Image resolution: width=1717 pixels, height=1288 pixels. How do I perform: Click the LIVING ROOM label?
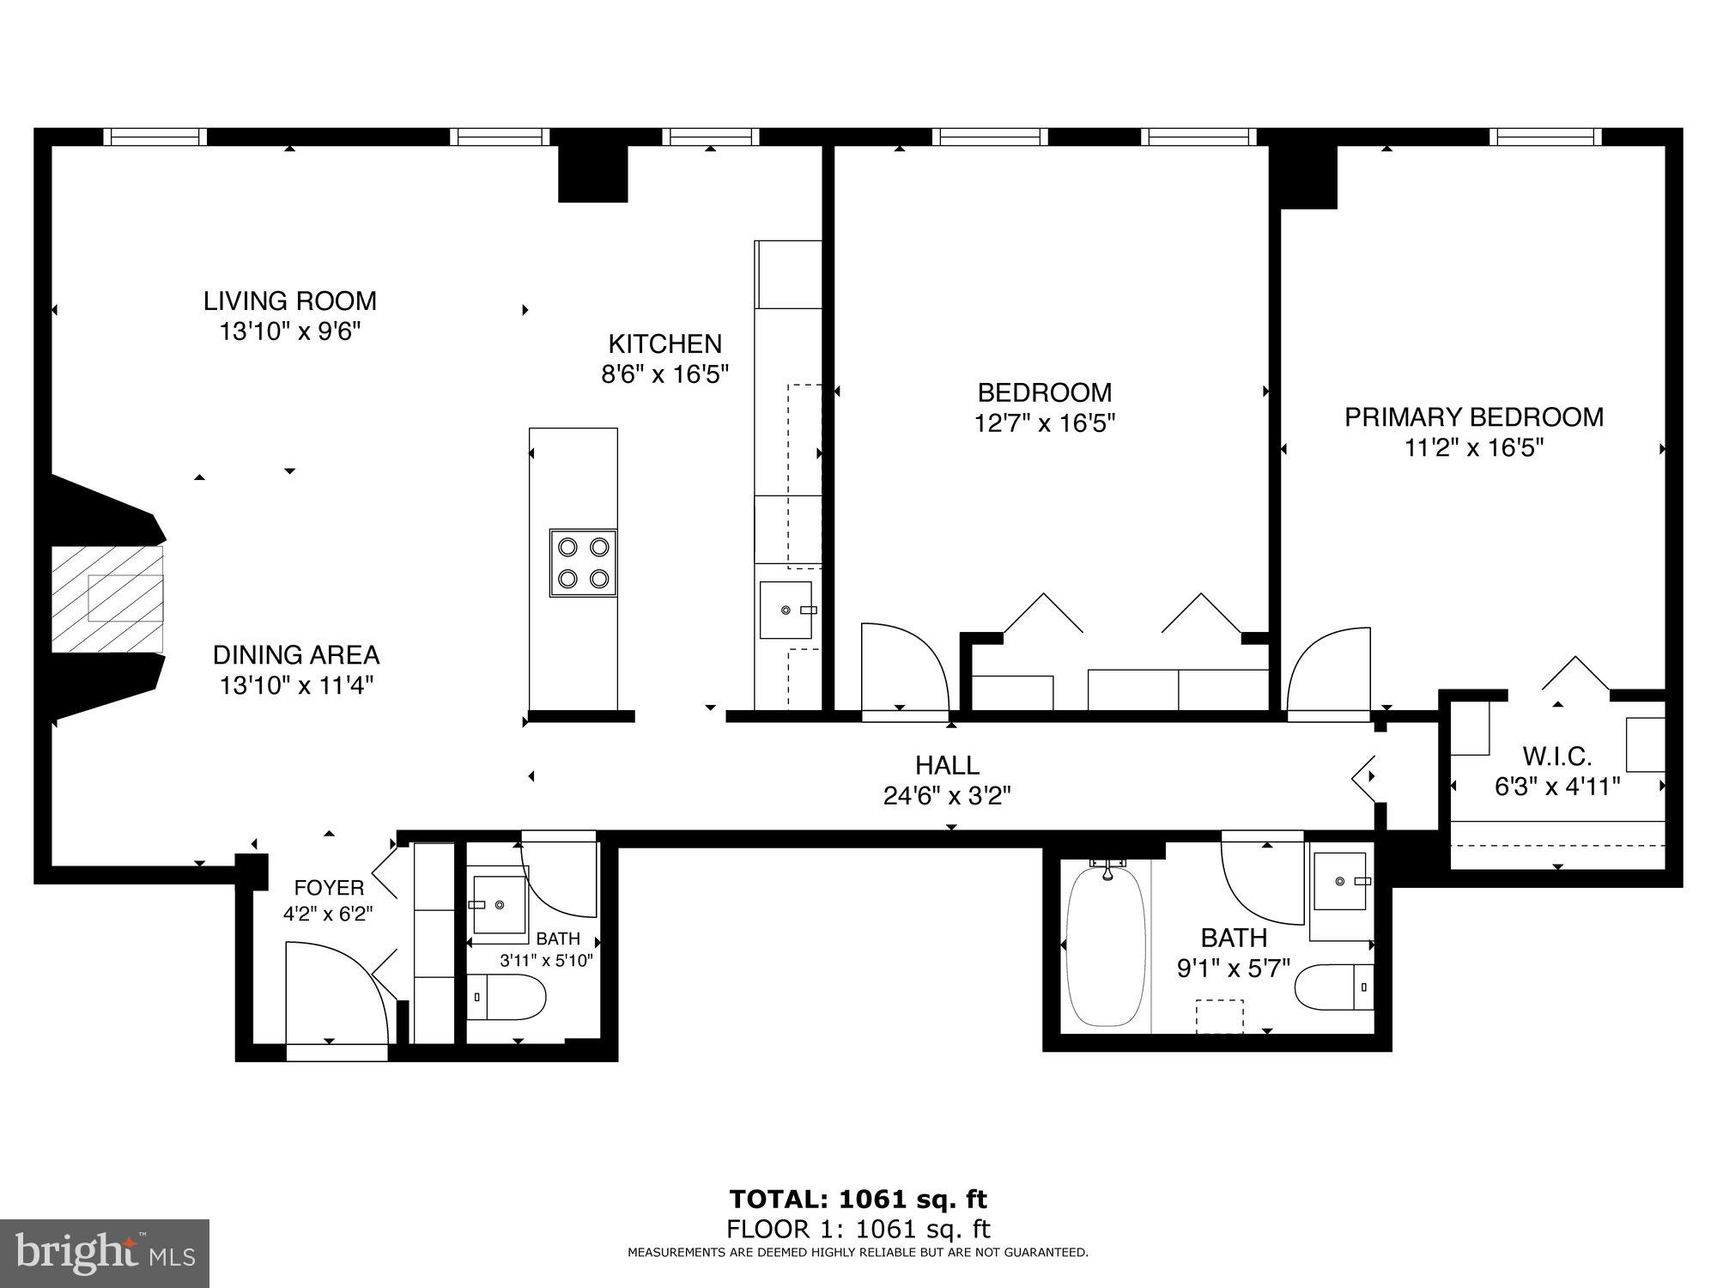289,301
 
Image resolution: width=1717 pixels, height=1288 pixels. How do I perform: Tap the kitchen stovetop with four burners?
583,563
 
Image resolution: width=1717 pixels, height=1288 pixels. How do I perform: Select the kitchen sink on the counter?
786,610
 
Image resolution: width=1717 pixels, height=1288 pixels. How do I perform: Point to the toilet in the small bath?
509,998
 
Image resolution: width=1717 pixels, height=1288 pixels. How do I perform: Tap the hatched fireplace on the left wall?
108,598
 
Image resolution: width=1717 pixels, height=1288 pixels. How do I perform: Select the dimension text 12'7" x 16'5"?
1044,423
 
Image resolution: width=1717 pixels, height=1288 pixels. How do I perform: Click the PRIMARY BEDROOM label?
1473,417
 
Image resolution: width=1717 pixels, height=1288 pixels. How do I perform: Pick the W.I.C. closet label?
1556,756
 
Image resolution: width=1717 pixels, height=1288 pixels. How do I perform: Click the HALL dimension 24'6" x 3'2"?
947,796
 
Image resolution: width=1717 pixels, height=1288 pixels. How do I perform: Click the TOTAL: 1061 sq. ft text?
858,1199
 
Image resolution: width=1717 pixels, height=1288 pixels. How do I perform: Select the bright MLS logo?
104,1253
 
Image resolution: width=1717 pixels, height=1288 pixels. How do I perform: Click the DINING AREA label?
295,655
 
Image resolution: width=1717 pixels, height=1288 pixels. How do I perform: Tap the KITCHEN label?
664,344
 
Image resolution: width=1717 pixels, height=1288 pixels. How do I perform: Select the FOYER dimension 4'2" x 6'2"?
328,914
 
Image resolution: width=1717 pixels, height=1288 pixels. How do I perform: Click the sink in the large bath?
1340,881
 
